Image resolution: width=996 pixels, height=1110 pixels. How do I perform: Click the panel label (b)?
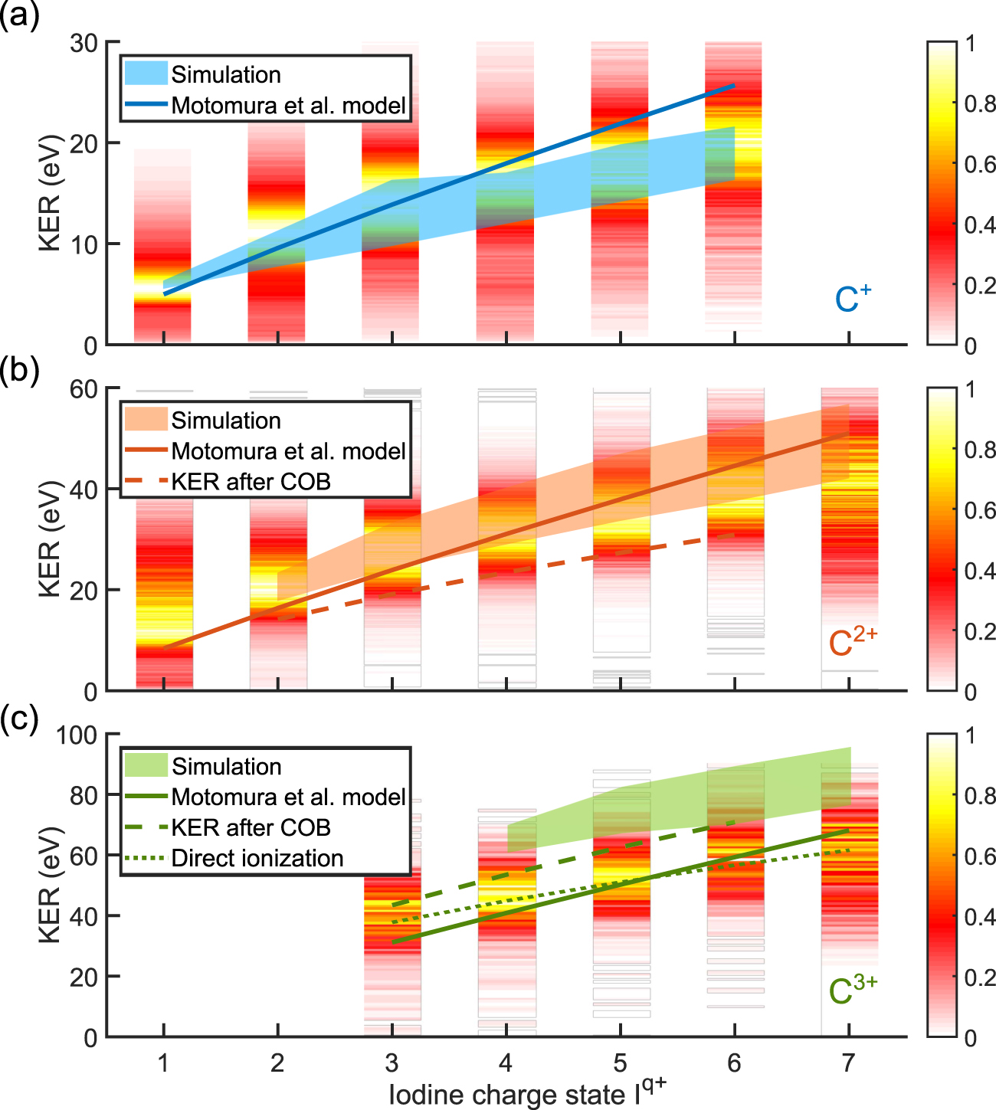coord(19,370)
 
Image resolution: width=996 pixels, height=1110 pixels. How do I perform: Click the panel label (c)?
coord(19,719)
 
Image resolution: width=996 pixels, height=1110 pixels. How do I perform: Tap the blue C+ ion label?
coord(853,300)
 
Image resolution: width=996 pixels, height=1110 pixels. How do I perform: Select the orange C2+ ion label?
coord(853,642)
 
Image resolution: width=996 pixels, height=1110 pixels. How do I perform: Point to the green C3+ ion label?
coord(853,990)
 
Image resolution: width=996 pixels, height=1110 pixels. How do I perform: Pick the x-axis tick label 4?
coord(506,1063)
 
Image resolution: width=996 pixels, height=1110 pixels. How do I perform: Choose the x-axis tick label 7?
coord(848,1063)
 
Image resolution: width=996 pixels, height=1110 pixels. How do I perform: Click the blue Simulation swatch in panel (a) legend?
coord(146,74)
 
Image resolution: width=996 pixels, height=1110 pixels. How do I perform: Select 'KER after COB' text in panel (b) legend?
coord(251,482)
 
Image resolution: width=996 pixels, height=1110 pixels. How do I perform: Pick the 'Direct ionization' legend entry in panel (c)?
coord(257,858)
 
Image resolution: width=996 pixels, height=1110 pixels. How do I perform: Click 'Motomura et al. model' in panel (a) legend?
coord(288,105)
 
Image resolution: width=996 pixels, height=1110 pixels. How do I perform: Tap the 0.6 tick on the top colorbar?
coord(979,164)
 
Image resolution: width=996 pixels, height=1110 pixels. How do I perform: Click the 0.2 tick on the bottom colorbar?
coord(979,977)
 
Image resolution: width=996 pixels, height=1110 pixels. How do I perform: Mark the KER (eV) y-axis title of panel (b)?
coord(50,539)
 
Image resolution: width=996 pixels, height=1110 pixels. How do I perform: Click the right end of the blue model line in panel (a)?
coord(734,85)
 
